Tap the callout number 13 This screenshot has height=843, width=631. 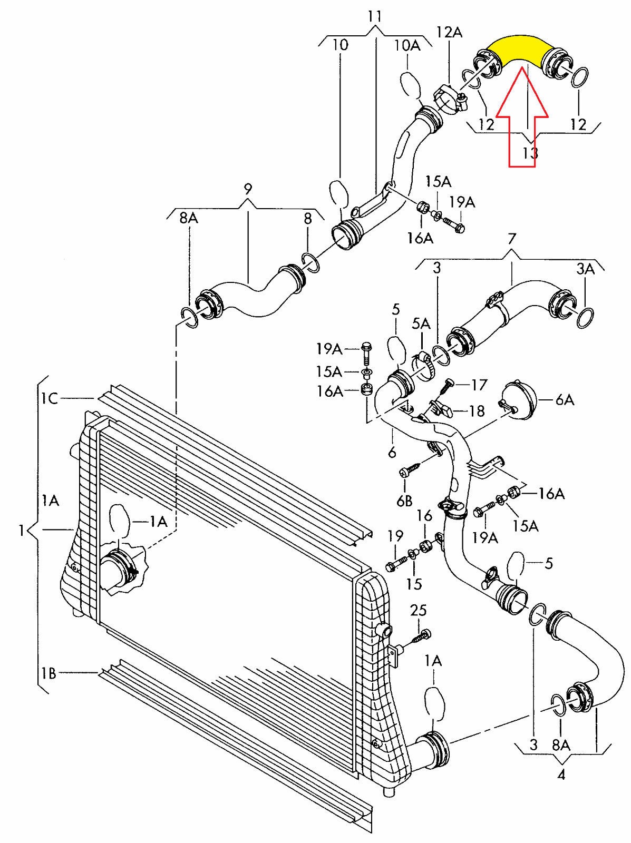(530, 153)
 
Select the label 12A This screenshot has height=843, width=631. (449, 33)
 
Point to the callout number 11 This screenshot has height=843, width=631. (374, 16)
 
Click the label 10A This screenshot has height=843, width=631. (407, 45)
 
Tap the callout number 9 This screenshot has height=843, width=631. (248, 189)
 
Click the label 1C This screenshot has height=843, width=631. (50, 398)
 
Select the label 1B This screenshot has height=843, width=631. (48, 673)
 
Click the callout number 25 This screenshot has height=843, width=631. (419, 611)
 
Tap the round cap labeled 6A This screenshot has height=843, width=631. (518, 399)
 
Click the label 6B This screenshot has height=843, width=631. (404, 501)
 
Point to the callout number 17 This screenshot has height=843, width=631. (479, 385)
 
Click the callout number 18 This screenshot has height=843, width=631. (477, 410)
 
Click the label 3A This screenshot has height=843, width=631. (585, 270)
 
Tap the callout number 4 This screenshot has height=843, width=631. (561, 775)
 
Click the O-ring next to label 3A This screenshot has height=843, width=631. (586, 318)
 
